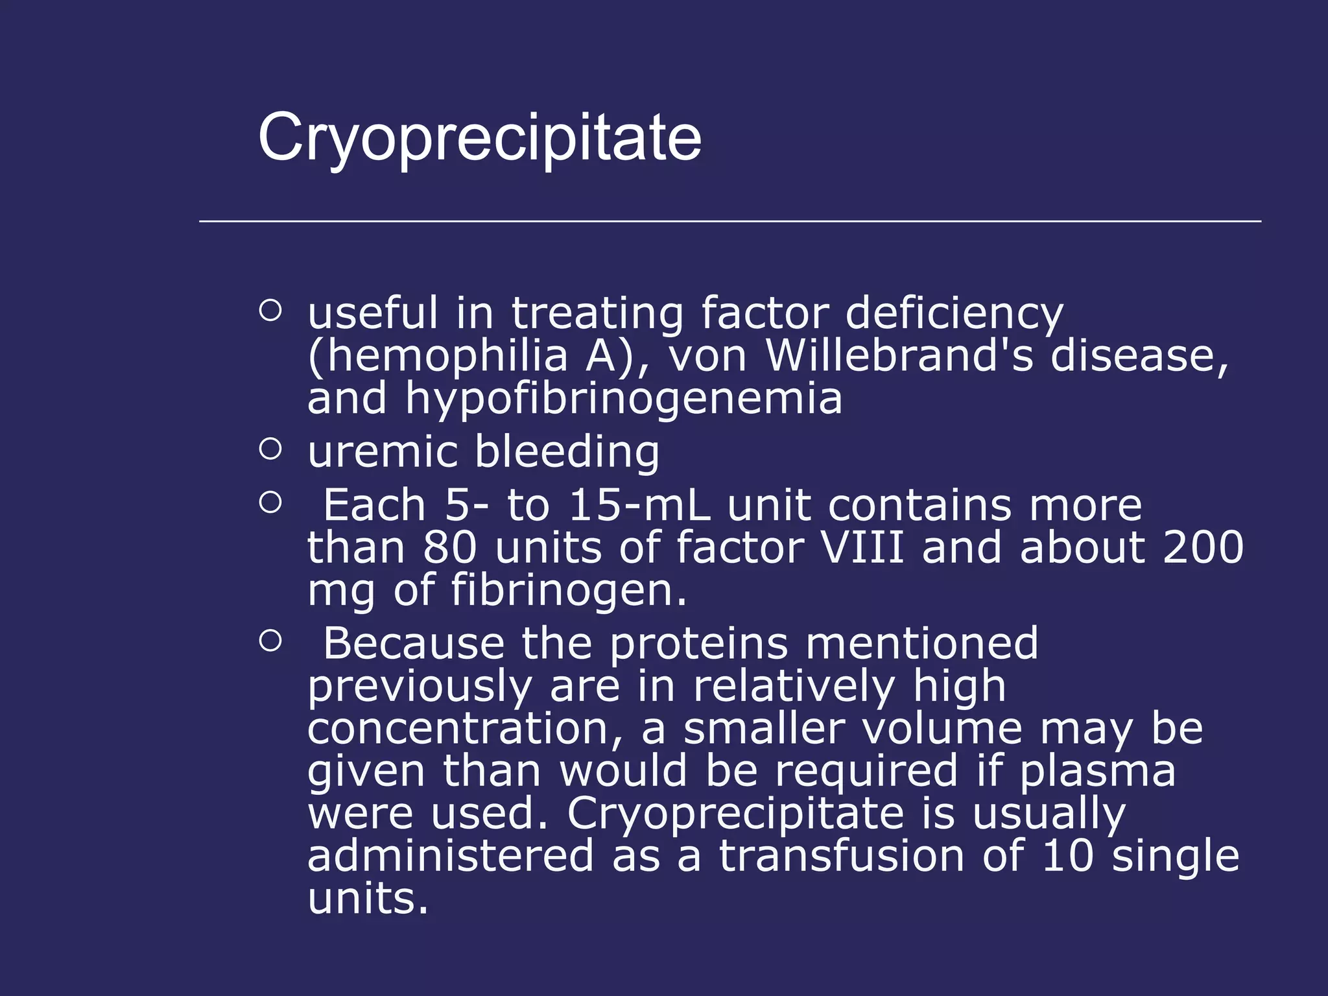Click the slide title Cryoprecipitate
coord(479,138)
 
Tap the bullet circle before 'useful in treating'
coord(270,310)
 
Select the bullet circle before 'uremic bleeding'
coord(270,449)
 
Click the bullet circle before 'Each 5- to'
coord(270,503)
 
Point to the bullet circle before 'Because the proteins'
coord(270,641)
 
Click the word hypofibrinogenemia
coord(623,399)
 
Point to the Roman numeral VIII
coord(862,547)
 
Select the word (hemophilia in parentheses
coord(438,357)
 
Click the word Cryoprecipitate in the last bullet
coord(735,814)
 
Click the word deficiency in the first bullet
coord(954,314)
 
